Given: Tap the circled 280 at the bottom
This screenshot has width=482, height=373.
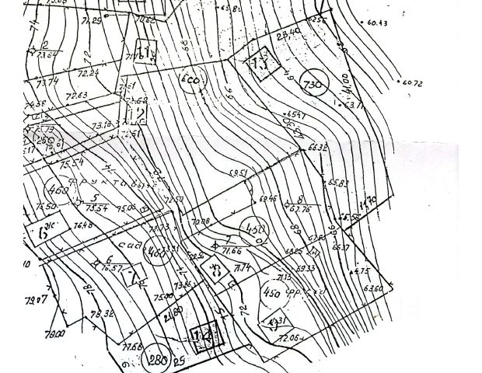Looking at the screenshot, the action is coord(159,358).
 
